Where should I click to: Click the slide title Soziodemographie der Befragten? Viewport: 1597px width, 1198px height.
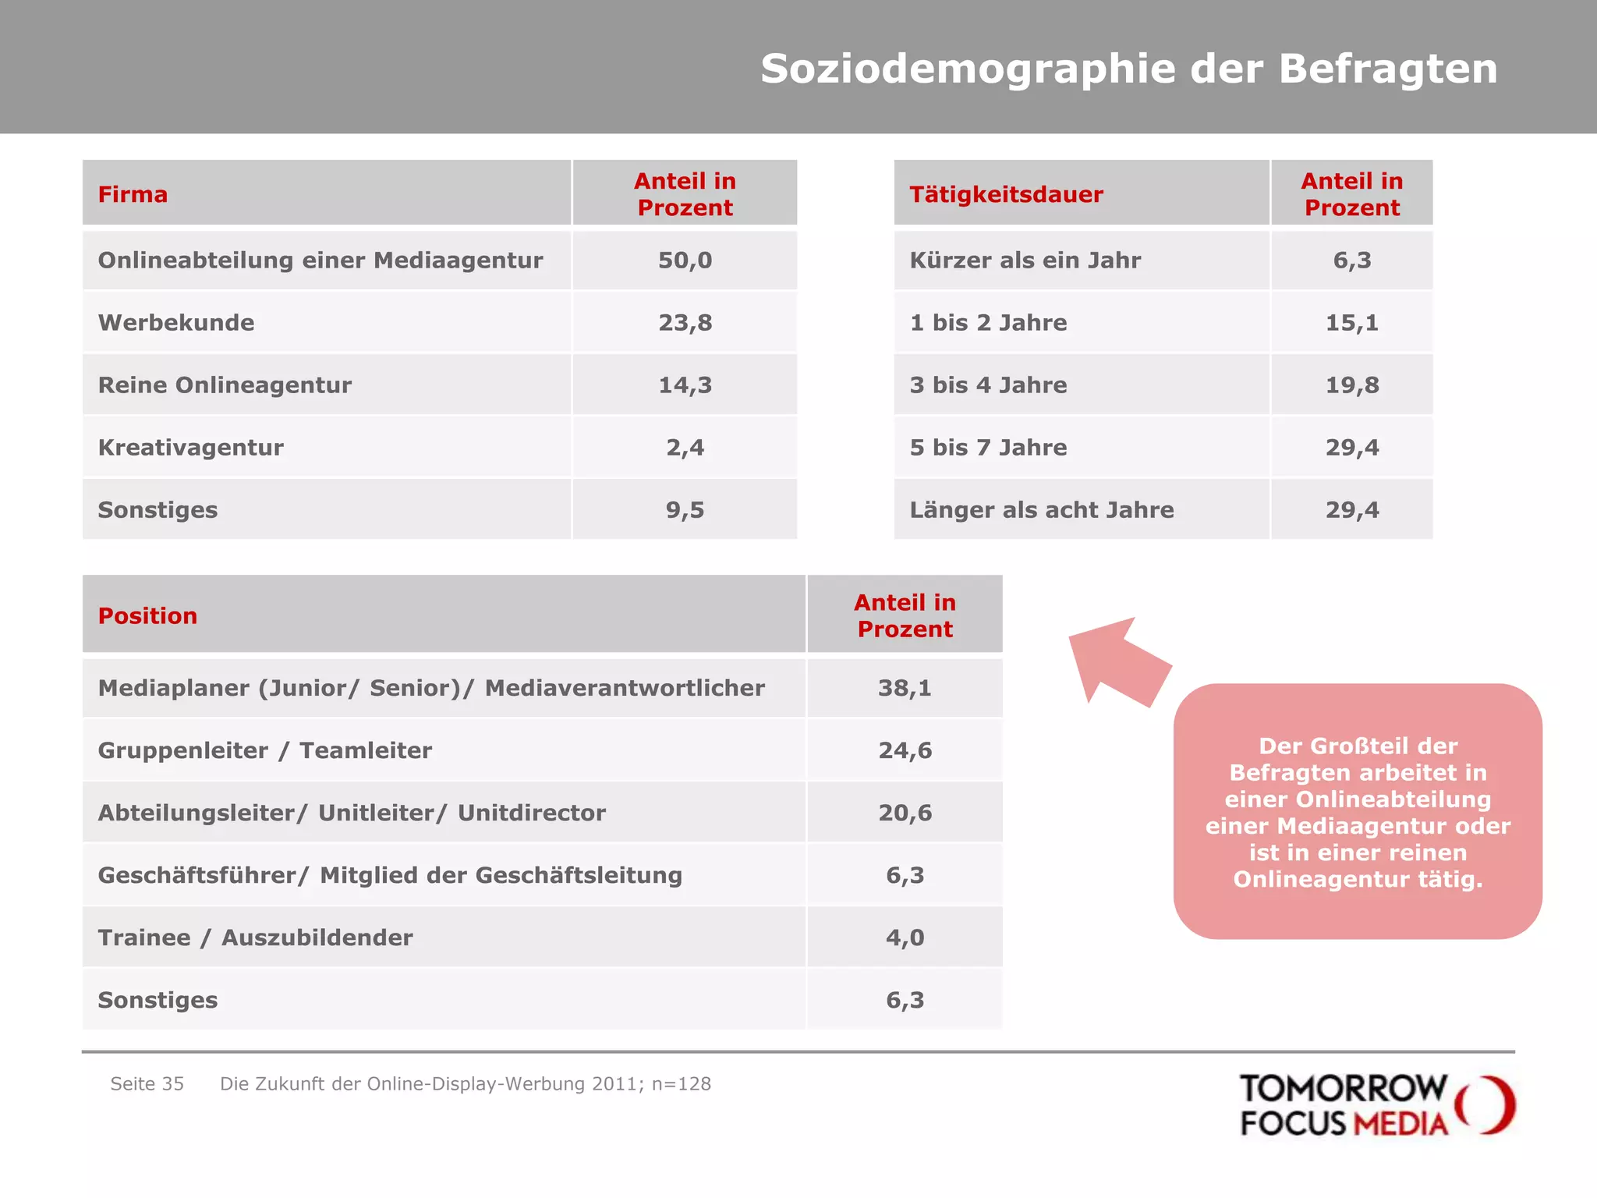pos(1128,69)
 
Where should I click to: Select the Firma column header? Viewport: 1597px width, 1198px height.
pos(133,194)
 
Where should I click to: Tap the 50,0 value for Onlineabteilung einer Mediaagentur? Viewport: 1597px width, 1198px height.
pos(685,261)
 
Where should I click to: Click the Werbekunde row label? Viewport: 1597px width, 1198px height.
pos(176,323)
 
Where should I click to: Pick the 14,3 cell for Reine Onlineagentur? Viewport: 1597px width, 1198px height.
pos(685,385)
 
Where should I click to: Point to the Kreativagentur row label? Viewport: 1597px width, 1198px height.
pos(190,448)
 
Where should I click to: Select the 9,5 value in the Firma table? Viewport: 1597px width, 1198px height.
pos(685,510)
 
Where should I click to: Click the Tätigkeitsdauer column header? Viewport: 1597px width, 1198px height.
pos(1006,194)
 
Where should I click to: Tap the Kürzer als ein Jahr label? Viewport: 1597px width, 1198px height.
pos(1025,261)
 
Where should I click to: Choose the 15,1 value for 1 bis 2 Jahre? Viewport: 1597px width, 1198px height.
pos(1351,323)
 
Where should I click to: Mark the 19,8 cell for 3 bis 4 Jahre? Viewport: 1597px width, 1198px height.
pos(1351,385)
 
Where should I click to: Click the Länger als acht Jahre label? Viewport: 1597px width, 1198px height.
pos(1041,510)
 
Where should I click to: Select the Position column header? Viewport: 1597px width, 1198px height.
pos(147,616)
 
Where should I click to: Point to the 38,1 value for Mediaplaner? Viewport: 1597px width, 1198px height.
pos(905,688)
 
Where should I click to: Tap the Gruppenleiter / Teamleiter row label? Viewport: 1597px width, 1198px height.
pos(264,750)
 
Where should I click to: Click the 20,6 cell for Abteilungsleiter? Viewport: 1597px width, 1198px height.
pos(905,813)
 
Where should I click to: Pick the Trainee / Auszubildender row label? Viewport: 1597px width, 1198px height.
pos(255,937)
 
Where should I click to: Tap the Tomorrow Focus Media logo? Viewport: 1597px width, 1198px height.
pos(1376,1105)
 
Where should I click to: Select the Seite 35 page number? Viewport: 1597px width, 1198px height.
pos(147,1084)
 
